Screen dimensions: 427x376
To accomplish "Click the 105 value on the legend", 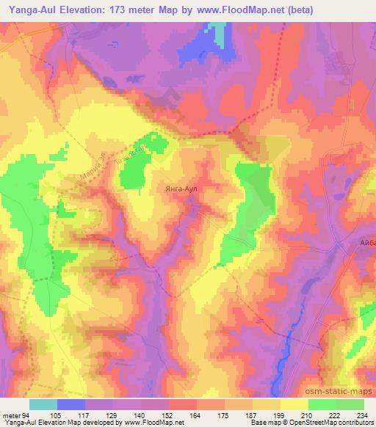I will (57, 414).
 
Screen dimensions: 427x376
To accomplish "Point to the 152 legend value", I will (168, 414).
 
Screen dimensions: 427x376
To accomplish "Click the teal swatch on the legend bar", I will (43, 404).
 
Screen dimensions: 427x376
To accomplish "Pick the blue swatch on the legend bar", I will (71, 404).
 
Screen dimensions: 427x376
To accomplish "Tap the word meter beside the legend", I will (12, 414).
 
